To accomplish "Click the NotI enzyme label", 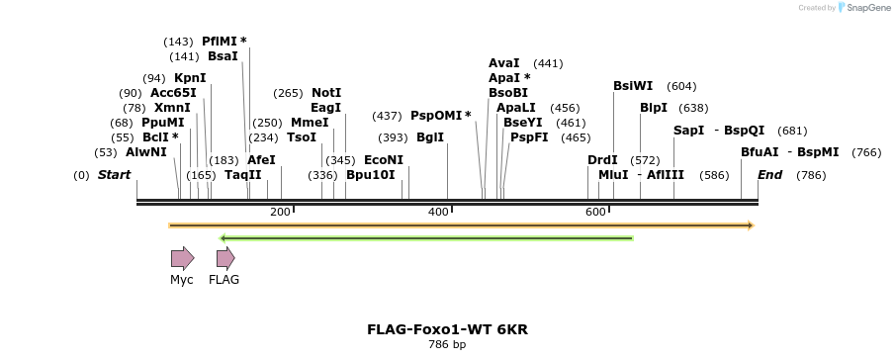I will click(x=326, y=92).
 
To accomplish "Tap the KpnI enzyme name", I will click(x=190, y=77).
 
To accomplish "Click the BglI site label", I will click(x=430, y=137).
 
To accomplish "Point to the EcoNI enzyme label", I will click(x=384, y=159).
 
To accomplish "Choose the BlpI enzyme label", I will click(x=654, y=108).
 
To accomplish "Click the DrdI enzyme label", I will click(x=602, y=159).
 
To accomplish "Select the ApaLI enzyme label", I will click(x=516, y=108).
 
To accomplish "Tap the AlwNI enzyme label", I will click(x=146, y=152).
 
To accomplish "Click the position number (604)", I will click(x=681, y=86).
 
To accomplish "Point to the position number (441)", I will click(x=548, y=63).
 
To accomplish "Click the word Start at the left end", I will click(x=114, y=175).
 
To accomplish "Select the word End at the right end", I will click(x=769, y=175).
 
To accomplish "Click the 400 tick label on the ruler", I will click(x=437, y=213).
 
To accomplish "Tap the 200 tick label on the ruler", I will click(x=280, y=213).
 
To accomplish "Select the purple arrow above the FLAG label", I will click(x=225, y=258).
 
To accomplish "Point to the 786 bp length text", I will click(x=447, y=345).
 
